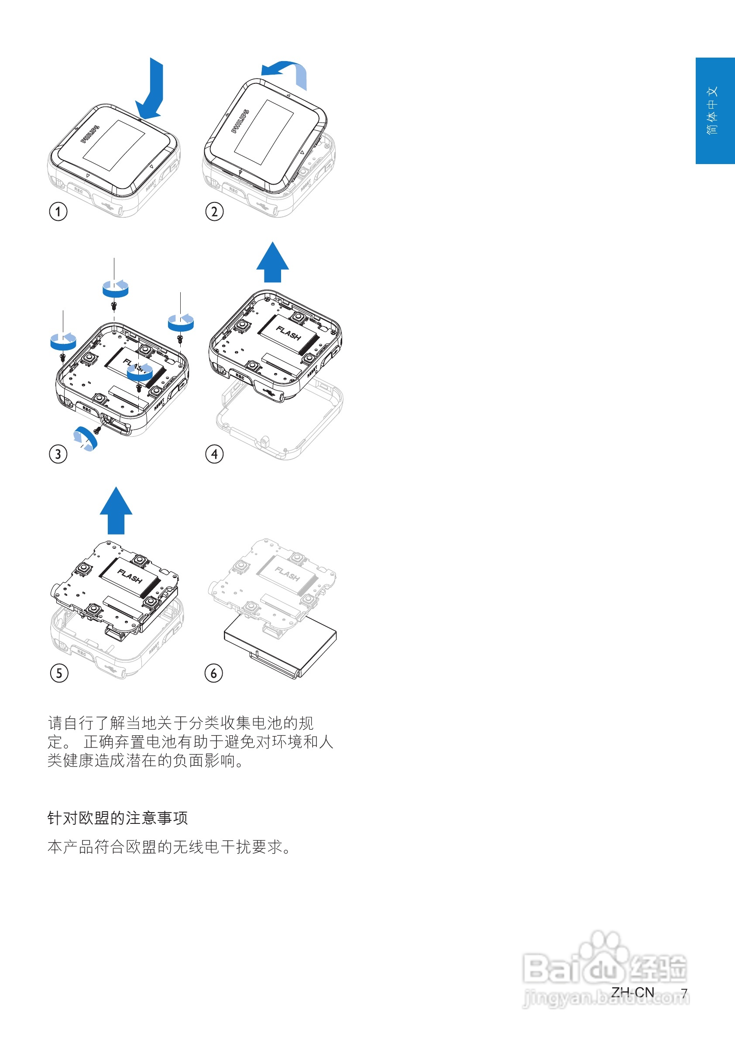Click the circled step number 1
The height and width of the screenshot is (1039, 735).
[58, 211]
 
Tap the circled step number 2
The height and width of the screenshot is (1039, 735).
[215, 211]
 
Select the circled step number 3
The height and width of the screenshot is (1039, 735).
[58, 454]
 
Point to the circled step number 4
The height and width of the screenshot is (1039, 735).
[215, 454]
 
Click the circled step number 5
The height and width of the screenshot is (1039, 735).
[59, 673]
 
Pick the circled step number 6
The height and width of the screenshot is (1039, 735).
[213, 673]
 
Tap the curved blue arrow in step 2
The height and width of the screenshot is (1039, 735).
[285, 72]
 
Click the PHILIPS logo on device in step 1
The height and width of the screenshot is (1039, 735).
[89, 134]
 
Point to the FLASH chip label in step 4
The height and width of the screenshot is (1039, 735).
[289, 333]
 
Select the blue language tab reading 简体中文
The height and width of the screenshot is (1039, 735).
[714, 110]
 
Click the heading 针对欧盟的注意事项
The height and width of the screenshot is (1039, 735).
[117, 818]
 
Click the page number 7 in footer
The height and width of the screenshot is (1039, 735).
[684, 993]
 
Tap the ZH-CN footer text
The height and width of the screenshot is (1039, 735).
[632, 992]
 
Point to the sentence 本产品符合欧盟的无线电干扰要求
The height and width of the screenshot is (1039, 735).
[169, 847]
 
